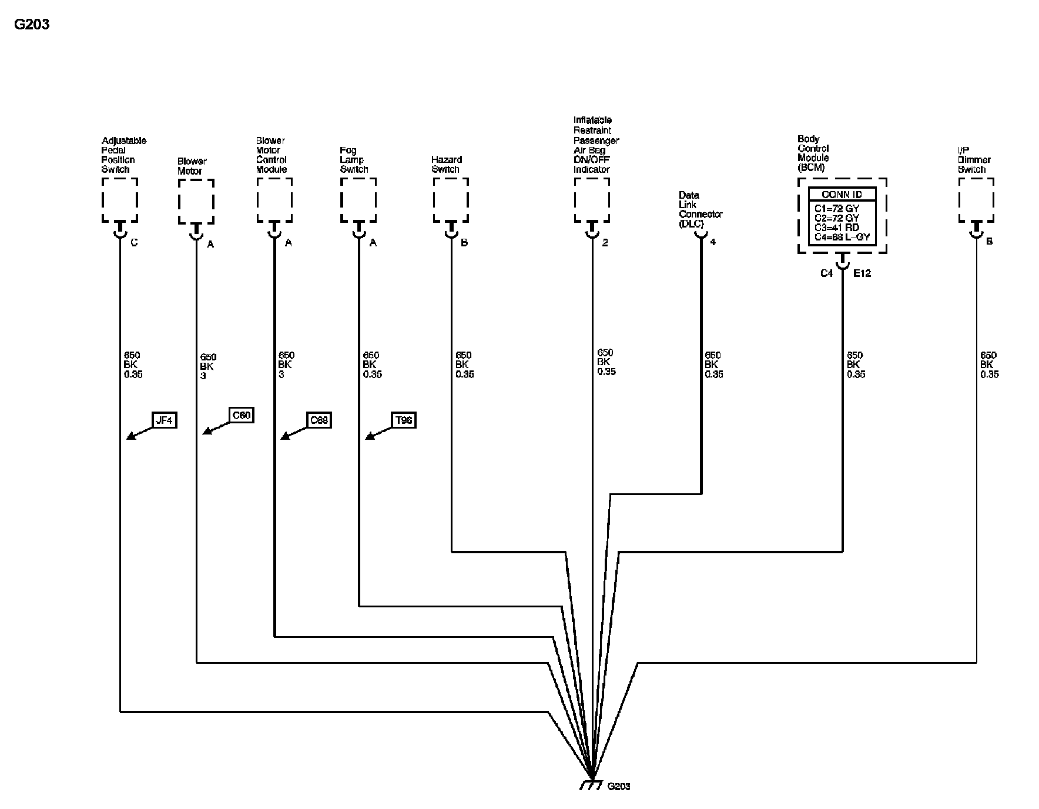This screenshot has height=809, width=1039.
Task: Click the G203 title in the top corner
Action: [32, 25]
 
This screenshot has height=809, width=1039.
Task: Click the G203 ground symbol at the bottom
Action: [589, 784]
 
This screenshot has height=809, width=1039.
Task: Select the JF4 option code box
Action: [164, 420]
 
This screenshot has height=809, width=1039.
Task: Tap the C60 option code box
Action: [241, 416]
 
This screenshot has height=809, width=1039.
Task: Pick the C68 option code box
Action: [319, 420]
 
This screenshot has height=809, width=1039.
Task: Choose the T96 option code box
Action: [404, 420]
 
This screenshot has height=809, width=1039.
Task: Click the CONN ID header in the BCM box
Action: [842, 195]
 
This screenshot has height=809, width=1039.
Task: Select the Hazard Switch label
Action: [446, 165]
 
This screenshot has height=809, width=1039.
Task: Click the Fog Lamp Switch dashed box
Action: [358, 200]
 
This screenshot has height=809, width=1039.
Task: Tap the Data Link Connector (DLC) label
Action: [700, 209]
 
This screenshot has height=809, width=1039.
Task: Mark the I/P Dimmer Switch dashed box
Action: [976, 200]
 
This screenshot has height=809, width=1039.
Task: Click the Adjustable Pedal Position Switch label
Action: [123, 155]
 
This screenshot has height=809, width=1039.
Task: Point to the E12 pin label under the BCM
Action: [862, 273]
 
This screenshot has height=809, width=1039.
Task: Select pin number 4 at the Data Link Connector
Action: [713, 242]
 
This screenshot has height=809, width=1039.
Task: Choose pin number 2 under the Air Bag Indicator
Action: [605, 243]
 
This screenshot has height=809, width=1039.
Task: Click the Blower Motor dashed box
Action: [196, 202]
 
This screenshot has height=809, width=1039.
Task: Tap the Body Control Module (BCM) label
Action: [813, 153]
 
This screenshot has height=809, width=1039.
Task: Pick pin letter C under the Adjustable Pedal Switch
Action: [134, 243]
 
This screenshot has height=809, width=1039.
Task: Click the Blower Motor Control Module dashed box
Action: [274, 200]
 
